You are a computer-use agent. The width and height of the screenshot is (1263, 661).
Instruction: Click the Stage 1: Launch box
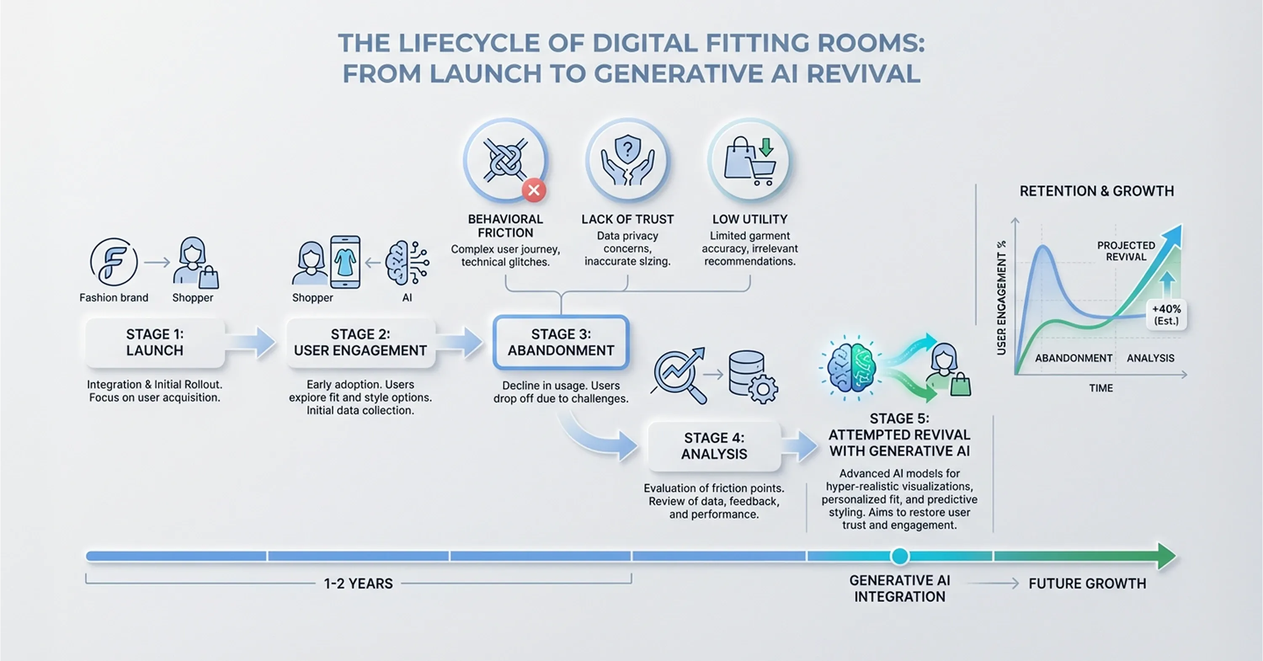coord(155,342)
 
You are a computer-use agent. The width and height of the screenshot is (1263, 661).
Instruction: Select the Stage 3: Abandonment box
coord(561,342)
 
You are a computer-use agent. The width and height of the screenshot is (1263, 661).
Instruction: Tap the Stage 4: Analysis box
coord(714,446)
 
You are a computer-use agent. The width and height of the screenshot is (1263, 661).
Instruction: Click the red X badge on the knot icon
coord(534,190)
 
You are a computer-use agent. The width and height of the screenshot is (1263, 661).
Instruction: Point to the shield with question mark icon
coord(628,149)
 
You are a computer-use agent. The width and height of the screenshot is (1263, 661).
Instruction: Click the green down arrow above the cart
coord(766,147)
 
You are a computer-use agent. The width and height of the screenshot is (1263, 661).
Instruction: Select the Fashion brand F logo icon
coord(113,262)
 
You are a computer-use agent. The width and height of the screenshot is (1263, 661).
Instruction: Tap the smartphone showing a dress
coord(345,262)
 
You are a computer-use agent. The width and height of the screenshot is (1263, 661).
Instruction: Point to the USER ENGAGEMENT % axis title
coord(1001,298)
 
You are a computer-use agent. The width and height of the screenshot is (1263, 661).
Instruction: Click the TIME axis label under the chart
coord(1101,388)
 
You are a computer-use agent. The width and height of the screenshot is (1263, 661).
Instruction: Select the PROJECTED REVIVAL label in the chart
coord(1126,251)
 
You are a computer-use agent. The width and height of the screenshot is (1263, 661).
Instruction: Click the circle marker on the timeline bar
coord(900,556)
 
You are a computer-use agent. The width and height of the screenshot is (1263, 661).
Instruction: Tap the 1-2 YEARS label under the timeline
coord(358,584)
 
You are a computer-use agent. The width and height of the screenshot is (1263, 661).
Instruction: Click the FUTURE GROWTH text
coord(1087,584)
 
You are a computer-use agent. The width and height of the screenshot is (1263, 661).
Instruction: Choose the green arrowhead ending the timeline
coord(1167,556)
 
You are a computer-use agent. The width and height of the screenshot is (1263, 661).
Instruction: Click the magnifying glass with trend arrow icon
coord(679,375)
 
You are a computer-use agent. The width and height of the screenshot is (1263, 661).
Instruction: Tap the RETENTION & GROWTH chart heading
coord(1096,191)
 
